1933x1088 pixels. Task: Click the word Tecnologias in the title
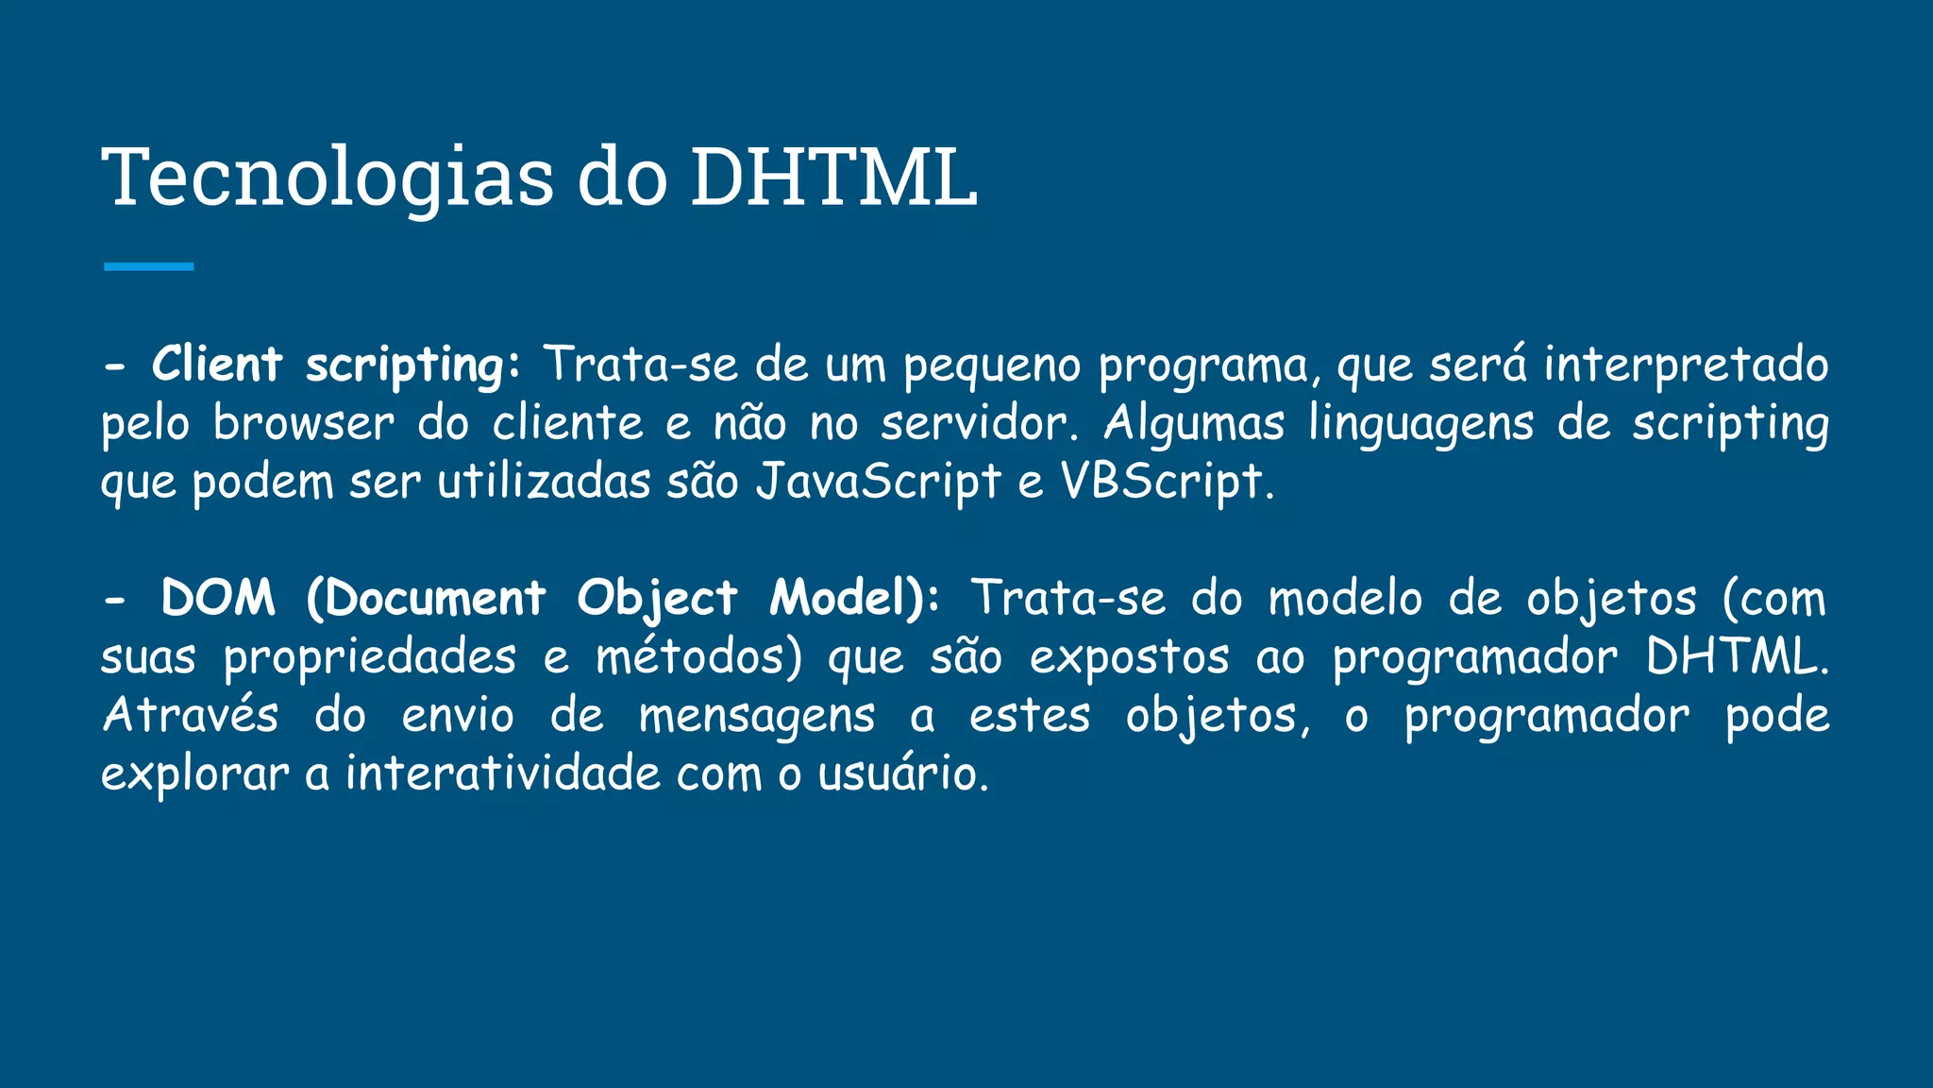[x=328, y=178]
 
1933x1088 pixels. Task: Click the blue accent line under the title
[x=148, y=267]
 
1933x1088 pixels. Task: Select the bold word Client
[x=217, y=365]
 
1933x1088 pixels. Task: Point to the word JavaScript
[x=878, y=483]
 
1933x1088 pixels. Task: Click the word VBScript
[x=1162, y=483]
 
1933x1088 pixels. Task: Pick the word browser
[x=303, y=424]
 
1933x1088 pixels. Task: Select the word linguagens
[x=1420, y=424]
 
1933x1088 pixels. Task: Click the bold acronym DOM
[x=218, y=599]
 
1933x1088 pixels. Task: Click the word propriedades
[x=370, y=658]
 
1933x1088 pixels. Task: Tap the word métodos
[x=698, y=657]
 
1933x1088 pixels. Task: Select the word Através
[x=190, y=716]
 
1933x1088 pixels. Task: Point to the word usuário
[x=901, y=774]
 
